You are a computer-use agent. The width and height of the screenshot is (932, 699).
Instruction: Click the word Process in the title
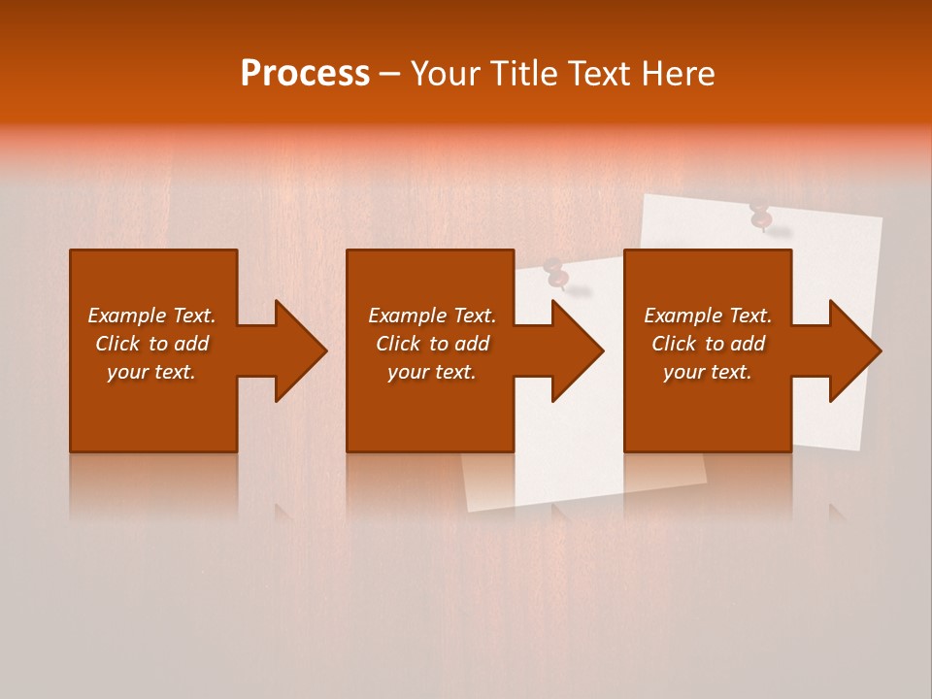[305, 74]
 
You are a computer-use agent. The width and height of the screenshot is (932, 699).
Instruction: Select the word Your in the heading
[443, 74]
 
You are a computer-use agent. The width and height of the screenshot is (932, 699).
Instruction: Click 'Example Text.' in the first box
[151, 316]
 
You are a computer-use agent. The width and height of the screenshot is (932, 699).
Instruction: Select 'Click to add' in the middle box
[432, 344]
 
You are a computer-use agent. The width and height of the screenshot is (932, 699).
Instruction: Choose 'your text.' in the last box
[707, 372]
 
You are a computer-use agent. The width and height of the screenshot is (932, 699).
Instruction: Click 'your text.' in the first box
[151, 372]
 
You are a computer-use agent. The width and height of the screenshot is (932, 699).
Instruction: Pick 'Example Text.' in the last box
[707, 316]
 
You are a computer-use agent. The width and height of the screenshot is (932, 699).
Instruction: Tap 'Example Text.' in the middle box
[432, 316]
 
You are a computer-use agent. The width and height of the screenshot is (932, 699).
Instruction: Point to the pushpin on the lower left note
[556, 276]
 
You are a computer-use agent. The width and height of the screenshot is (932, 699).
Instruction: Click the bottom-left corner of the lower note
[470, 510]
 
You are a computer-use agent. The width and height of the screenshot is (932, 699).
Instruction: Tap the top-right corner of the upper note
[881, 217]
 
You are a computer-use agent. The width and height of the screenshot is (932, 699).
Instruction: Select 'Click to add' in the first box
[151, 344]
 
